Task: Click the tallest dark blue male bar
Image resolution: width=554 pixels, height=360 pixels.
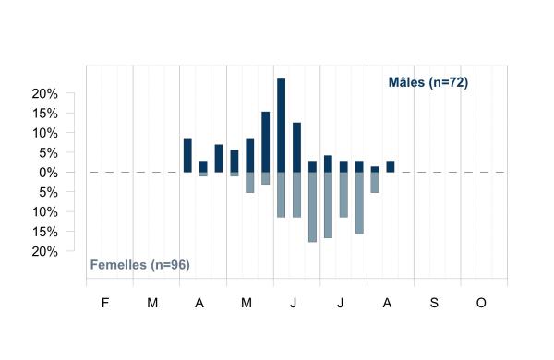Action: coord(282,126)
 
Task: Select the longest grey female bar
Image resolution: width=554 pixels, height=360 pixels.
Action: coord(312,207)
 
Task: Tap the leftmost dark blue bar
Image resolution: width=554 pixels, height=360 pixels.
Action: coord(187,156)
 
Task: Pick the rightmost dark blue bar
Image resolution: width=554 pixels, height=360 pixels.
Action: coord(391,167)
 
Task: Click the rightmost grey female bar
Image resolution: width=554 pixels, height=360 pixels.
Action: coord(375,182)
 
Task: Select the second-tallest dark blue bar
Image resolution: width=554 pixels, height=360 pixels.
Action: coord(266,142)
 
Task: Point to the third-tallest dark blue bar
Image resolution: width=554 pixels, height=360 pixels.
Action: coord(296,148)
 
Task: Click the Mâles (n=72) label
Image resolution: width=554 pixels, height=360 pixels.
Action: coord(428,82)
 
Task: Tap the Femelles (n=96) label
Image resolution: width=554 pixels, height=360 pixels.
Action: coord(140,265)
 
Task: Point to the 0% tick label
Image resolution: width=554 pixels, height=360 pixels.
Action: coord(48,173)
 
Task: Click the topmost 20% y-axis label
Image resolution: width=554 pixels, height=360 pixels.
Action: coord(45,94)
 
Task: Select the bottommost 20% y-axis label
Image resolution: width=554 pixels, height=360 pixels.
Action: coord(45,252)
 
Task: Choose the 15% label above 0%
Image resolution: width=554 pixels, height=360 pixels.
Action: coord(45,114)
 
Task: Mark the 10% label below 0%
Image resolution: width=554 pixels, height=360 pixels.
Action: coord(45,212)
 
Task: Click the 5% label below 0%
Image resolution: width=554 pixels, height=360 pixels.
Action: coord(48,193)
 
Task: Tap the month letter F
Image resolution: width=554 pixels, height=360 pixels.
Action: coord(105,303)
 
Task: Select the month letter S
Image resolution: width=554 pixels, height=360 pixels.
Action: coord(434,303)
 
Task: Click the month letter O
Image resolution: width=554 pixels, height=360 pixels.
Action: coord(481,303)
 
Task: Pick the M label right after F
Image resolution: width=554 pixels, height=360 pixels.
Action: coord(152,303)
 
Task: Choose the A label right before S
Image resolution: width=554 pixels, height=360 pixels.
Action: coord(387,303)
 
